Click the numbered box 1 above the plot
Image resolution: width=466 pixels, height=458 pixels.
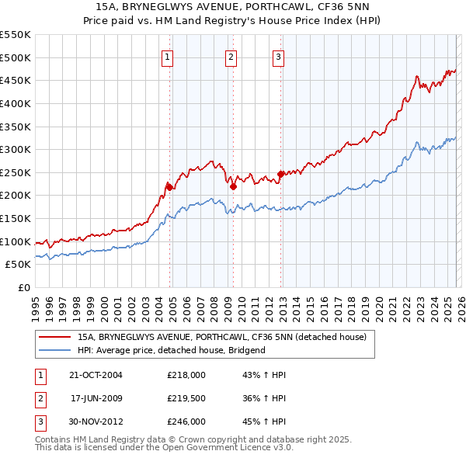coord(169,55)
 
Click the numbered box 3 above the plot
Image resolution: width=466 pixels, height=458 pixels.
coord(279,55)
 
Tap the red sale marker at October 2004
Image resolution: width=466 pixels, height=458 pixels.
coord(169,186)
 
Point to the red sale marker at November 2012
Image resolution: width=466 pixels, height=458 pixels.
coord(280,174)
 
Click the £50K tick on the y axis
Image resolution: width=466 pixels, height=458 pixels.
coord(19,265)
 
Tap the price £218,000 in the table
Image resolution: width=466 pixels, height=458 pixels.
coord(186,375)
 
